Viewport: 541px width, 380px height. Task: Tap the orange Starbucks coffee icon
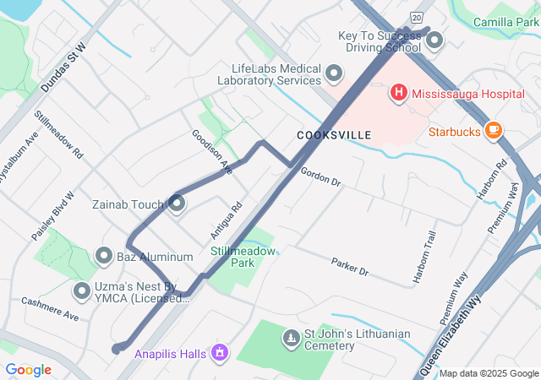494,131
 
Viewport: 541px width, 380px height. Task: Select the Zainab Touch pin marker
177,204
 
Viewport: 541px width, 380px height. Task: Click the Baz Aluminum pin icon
105,255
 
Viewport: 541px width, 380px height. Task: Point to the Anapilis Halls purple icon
220,351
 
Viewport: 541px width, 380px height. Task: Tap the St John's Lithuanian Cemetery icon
291,339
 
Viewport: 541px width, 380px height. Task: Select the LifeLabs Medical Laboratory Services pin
335,73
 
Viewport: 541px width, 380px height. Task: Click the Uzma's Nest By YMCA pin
83,291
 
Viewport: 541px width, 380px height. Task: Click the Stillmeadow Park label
243,257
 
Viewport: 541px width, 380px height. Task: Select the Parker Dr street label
350,267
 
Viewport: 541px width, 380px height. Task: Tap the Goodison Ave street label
211,151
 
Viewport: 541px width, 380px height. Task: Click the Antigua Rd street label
226,219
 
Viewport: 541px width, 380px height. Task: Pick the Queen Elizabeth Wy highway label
452,334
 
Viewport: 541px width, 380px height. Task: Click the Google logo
28,369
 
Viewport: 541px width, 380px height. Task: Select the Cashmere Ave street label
49,309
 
